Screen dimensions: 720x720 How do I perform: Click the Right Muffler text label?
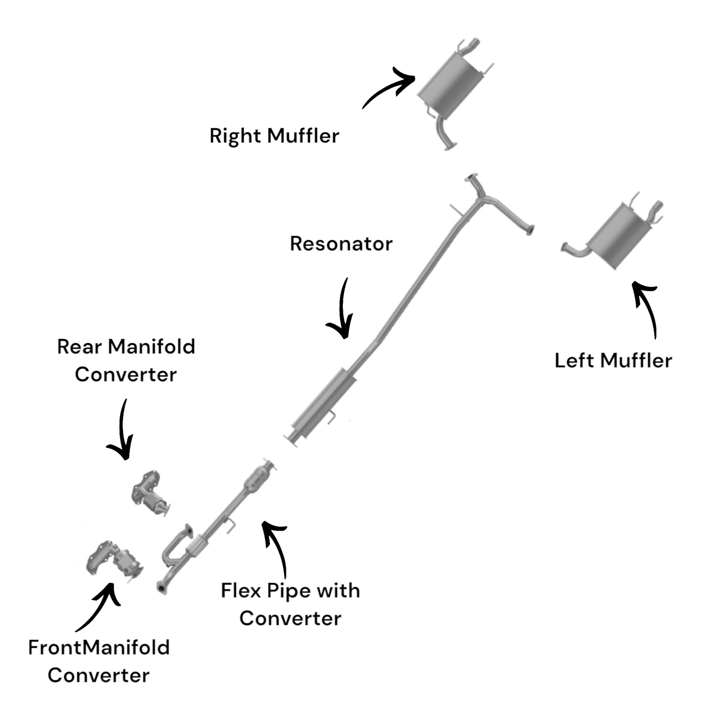coord(274,136)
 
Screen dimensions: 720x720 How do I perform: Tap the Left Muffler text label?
coord(613,361)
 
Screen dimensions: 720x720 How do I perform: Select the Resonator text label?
coord(341,244)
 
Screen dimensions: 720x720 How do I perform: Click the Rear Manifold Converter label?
coord(126,361)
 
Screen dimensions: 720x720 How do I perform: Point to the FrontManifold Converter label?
coord(99,661)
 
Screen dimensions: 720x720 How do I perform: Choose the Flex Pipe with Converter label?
coord(290,604)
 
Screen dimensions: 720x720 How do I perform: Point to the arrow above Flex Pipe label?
coord(277,548)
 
